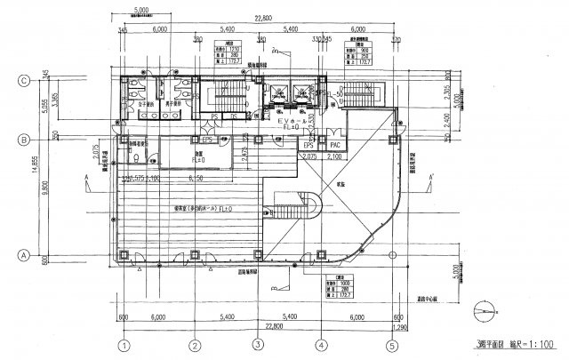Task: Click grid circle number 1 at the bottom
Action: click(x=125, y=345)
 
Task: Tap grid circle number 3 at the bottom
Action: click(x=256, y=345)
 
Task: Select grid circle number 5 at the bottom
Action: click(x=390, y=345)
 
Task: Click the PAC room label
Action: click(x=335, y=144)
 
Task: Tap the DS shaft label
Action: click(x=232, y=116)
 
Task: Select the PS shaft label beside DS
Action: click(x=215, y=116)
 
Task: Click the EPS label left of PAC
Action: click(x=309, y=144)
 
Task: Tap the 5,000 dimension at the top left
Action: click(x=139, y=11)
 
